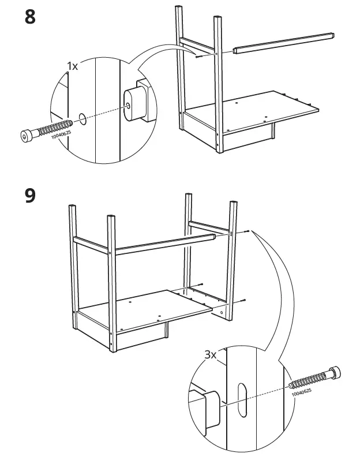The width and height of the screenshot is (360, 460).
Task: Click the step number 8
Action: [30, 17]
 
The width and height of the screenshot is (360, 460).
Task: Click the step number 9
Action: [30, 196]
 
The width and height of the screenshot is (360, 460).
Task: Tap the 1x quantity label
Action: [72, 66]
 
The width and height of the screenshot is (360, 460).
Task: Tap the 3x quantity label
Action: [210, 355]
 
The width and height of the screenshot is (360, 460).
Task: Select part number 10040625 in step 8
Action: [61, 134]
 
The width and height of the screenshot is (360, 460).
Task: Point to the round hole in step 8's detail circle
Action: [83, 118]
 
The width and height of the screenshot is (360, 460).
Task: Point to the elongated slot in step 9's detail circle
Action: [242, 400]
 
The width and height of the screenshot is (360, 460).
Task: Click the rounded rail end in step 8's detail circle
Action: [132, 105]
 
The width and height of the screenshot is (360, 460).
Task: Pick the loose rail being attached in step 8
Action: [283, 43]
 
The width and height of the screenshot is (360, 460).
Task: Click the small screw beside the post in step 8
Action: [198, 56]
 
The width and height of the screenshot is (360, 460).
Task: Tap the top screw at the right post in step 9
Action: [246, 231]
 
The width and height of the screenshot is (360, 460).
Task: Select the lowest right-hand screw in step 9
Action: [243, 300]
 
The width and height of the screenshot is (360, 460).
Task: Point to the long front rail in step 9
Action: [165, 244]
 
